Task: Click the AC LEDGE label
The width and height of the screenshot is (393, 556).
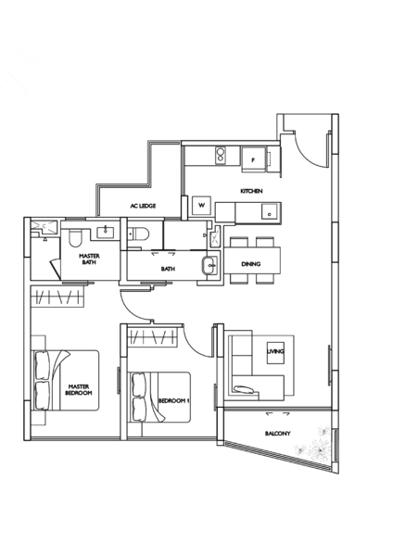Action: pyautogui.click(x=142, y=205)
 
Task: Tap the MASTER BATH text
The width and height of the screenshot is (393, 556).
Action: pyautogui.click(x=89, y=257)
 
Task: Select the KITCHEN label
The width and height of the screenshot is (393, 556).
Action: pyautogui.click(x=251, y=192)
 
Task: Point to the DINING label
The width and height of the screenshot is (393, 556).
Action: pyautogui.click(x=251, y=264)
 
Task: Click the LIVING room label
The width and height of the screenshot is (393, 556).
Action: pyautogui.click(x=275, y=350)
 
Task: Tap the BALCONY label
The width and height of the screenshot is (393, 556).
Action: pyautogui.click(x=276, y=433)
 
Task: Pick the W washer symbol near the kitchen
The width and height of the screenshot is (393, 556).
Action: pyautogui.click(x=200, y=201)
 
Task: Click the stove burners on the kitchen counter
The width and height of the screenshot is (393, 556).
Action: pyautogui.click(x=221, y=154)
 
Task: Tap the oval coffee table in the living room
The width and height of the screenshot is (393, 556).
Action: pyautogui.click(x=245, y=390)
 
